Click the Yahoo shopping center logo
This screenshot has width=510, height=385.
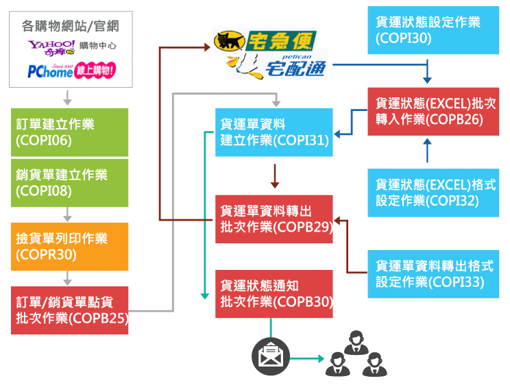(x=71, y=47)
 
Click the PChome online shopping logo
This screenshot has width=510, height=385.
(x=71, y=69)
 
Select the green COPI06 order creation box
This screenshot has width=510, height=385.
(x=69, y=132)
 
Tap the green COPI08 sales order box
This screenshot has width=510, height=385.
(x=69, y=183)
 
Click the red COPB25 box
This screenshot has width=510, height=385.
(x=69, y=310)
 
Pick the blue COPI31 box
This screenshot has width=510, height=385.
(x=274, y=132)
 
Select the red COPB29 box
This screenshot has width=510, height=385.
(x=274, y=219)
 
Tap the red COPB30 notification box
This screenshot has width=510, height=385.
(x=274, y=294)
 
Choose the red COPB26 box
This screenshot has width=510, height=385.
(x=428, y=111)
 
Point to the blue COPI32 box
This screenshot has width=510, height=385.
(x=428, y=192)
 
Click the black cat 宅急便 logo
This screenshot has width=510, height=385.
(x=253, y=42)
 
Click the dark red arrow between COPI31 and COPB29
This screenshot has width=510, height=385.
(x=274, y=176)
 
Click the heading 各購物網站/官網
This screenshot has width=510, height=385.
(x=71, y=27)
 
